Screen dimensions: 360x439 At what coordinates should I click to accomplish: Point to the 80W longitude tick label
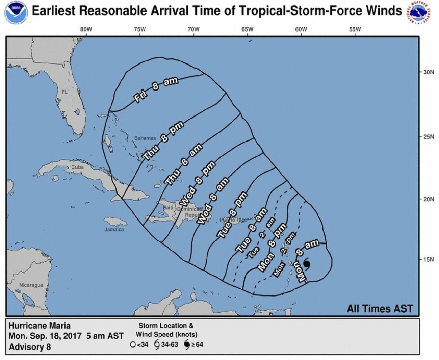point(86,29)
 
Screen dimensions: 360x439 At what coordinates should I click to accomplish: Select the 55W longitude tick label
point(355,29)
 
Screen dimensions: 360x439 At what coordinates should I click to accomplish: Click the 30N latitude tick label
point(429,72)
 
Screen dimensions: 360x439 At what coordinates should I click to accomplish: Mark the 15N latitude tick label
point(429,259)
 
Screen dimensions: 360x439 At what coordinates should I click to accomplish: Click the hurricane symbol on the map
point(307,264)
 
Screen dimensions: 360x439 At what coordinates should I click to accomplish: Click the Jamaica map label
point(114,230)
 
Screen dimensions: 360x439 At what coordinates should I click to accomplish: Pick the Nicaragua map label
point(31,285)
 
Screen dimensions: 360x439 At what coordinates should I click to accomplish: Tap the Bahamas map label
point(145,138)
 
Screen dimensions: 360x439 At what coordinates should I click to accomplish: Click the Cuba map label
point(77,167)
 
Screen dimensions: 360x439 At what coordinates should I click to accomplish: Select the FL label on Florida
point(64,92)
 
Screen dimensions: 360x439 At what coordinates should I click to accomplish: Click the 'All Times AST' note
point(380,308)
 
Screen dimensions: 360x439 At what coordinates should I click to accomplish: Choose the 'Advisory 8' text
point(30,347)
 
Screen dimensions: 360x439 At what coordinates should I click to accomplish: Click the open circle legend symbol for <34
point(133,345)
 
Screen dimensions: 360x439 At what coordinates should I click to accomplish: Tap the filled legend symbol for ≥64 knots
point(187,345)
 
